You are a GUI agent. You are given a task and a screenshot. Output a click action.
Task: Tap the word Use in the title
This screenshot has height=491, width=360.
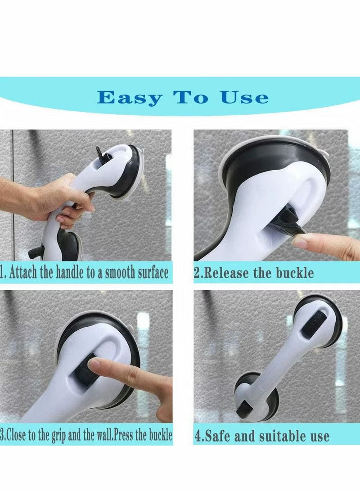(244, 97)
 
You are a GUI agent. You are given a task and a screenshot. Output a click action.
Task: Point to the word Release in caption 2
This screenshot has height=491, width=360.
(225, 272)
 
